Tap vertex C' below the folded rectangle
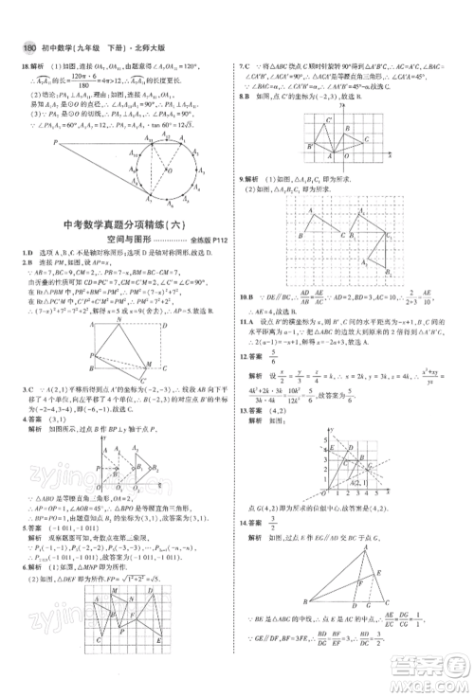140,383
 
